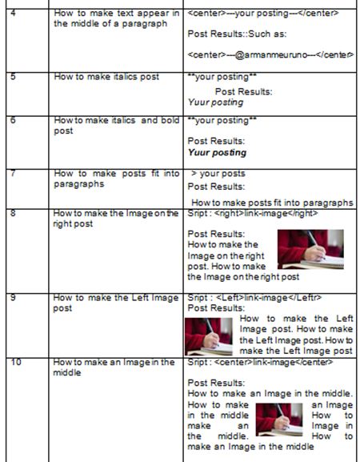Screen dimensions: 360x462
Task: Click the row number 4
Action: [13, 13]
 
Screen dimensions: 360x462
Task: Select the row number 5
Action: [13, 77]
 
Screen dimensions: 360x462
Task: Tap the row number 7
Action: [13, 173]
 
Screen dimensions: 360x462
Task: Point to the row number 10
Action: [16, 362]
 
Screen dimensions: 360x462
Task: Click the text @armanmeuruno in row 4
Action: [271, 54]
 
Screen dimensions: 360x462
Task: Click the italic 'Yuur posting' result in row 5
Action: [215, 102]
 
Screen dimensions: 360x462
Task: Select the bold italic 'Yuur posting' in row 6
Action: [217, 152]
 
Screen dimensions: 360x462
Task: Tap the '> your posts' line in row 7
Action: [218, 174]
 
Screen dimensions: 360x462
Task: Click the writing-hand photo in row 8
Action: [310, 249]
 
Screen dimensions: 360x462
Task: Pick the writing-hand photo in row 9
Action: [209, 336]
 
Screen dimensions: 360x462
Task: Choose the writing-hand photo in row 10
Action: [279, 420]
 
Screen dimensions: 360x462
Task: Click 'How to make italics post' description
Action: [106, 77]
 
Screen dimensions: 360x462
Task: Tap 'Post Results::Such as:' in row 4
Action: [237, 34]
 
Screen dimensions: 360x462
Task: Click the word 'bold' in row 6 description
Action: [171, 120]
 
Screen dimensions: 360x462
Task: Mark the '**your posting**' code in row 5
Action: [222, 77]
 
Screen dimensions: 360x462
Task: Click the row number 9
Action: [13, 298]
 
